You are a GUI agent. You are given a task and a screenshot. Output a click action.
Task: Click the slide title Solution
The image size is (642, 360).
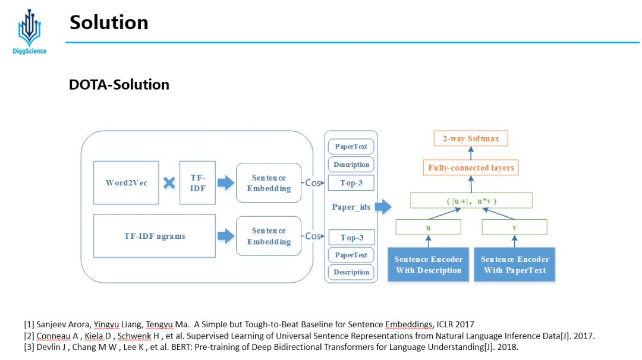(109, 23)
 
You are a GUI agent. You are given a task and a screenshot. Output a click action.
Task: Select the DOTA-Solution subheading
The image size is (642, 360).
(119, 84)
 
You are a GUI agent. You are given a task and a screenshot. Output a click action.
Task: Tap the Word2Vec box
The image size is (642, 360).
(126, 182)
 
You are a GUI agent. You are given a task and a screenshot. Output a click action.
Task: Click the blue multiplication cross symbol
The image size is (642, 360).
(169, 182)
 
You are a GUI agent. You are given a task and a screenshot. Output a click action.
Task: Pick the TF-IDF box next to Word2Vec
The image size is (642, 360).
(197, 182)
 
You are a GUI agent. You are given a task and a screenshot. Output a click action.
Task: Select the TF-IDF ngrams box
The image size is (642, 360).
(155, 236)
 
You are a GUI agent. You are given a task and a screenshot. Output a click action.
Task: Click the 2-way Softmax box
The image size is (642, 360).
(471, 139)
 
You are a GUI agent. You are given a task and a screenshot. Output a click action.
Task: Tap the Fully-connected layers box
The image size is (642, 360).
(471, 168)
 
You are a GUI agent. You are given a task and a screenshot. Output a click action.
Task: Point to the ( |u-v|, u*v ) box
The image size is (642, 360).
(471, 201)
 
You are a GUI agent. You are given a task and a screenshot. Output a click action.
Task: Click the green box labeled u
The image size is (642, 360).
(428, 228)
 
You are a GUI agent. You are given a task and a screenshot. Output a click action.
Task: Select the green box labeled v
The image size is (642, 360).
(514, 228)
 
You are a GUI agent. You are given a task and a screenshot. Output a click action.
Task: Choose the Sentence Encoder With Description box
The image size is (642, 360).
(428, 264)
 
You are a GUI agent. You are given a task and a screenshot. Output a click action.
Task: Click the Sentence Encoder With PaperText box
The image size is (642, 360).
(515, 264)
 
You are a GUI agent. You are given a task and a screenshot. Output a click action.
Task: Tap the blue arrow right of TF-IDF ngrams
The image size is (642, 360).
(226, 236)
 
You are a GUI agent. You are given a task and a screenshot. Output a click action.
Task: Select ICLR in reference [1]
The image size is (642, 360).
(446, 324)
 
